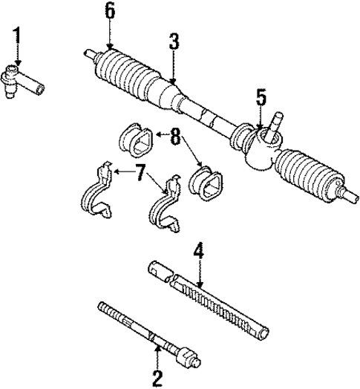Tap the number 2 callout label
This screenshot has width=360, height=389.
157,378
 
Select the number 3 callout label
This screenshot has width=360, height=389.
173,42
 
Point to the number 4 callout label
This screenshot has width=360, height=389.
198,252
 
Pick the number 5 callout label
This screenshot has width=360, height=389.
261,98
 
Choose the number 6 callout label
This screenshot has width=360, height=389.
110,12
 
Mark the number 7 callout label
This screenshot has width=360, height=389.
139,172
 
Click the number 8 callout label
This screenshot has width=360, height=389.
174,137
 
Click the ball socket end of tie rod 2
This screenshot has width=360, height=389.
186,356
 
